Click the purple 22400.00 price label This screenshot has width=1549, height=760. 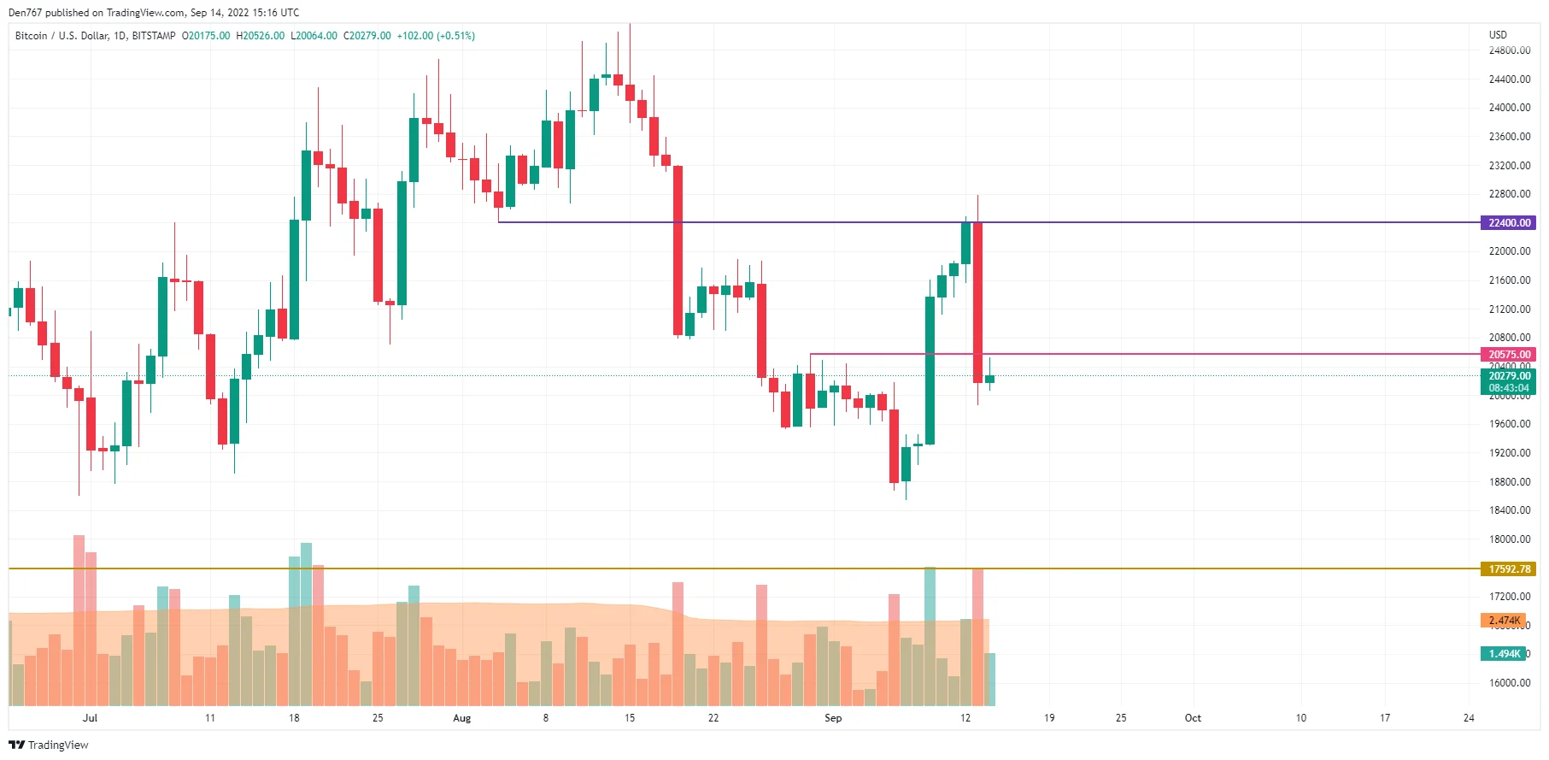coord(1509,223)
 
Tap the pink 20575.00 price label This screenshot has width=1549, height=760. coord(1509,355)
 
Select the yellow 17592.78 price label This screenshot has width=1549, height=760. coord(1509,569)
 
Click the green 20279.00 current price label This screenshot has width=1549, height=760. coord(1509,376)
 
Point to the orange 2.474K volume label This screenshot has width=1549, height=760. coord(1504,621)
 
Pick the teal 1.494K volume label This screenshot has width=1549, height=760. coord(1504,654)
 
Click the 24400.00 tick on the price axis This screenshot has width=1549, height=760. coord(1509,80)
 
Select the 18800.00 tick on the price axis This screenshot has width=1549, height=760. coord(1509,482)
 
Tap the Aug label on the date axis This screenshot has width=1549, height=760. coord(461,718)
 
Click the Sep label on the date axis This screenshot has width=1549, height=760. coord(833,718)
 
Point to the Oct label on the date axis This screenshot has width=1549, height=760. coord(1193,718)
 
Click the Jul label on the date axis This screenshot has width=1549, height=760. coord(90,718)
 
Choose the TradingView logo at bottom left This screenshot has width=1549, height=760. coord(49,745)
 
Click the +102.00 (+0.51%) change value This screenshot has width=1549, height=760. coord(436,36)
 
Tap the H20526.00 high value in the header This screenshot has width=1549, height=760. coord(261,36)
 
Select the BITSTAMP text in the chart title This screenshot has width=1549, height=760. coord(154,36)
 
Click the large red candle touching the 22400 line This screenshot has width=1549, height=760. coord(977,299)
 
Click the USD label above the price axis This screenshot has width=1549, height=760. coord(1498,35)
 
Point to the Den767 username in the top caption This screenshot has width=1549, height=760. coord(24,13)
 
